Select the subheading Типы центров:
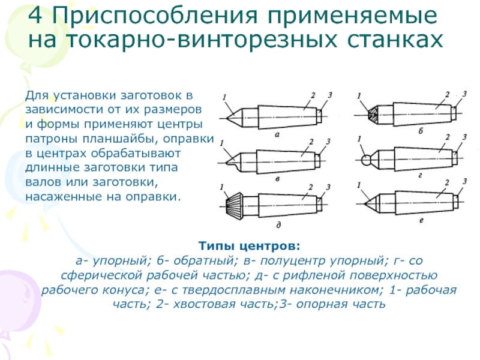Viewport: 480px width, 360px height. pyautogui.click(x=249, y=247)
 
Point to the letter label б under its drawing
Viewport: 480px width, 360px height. pyautogui.click(x=420, y=130)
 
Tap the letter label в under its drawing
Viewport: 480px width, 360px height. pyautogui.click(x=276, y=179)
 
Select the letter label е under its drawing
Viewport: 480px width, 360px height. pyautogui.click(x=421, y=221)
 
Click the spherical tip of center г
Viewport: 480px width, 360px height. pyautogui.click(x=366, y=160)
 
